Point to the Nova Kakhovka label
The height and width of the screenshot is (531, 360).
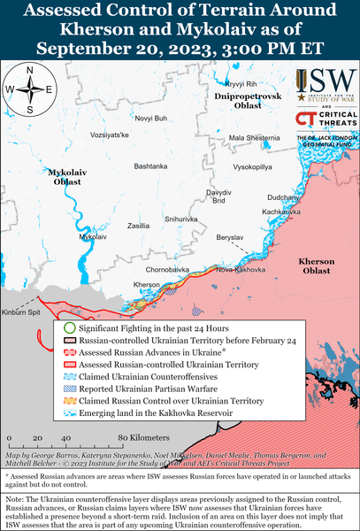[x=234, y=268]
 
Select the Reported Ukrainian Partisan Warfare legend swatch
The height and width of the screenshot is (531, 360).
[x=69, y=387]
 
